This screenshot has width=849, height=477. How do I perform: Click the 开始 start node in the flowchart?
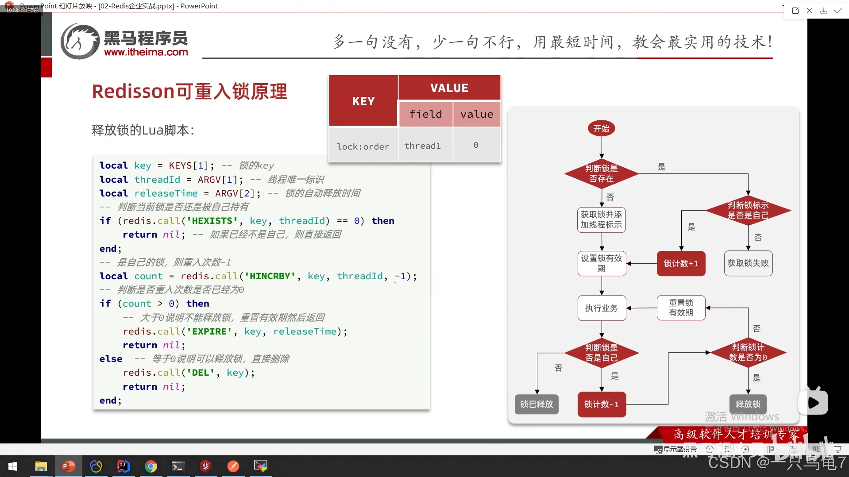point(601,129)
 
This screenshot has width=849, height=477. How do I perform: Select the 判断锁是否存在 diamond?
point(601,173)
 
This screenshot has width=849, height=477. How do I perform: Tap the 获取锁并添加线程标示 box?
point(601,220)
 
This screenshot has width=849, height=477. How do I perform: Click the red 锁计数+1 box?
point(681,264)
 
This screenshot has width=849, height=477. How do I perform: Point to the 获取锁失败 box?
point(748,263)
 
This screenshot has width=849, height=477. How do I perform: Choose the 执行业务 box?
point(601,308)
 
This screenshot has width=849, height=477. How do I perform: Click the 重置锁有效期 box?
point(681,308)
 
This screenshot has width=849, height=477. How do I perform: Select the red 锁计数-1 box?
point(602,404)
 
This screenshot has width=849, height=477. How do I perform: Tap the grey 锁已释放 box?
point(536,404)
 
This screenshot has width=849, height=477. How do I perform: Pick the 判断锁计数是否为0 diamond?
point(748,352)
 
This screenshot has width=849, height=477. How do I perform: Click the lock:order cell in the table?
point(363,146)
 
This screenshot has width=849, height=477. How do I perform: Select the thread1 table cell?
point(422,146)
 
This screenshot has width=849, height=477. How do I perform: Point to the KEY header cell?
point(363,101)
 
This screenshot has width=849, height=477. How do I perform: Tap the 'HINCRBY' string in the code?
point(270,276)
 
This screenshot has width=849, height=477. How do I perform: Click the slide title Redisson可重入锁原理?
point(189,92)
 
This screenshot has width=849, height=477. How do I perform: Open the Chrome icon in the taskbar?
point(151,466)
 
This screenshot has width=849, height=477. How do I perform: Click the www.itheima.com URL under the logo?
point(146,52)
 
